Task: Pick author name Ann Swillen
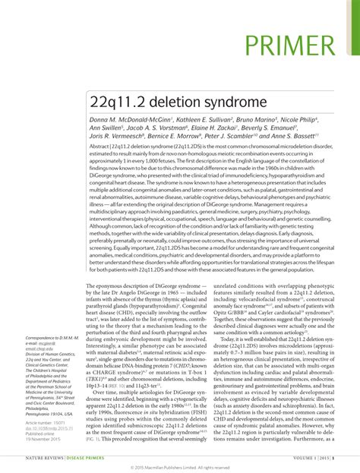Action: pos(106,130)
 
